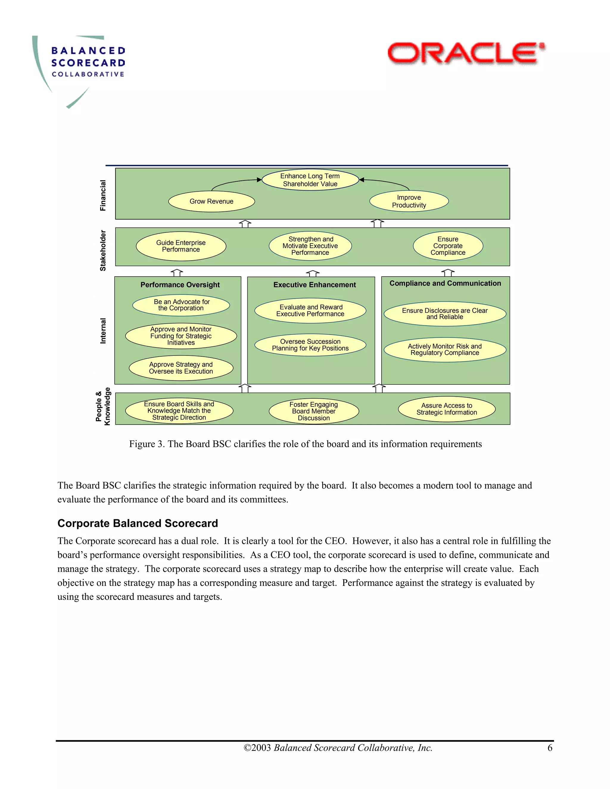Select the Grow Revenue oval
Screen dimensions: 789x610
[211, 201]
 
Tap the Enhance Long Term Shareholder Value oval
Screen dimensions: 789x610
[310, 180]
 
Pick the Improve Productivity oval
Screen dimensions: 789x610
[409, 201]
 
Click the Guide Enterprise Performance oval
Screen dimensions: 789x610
[181, 246]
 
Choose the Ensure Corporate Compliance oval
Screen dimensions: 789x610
[448, 246]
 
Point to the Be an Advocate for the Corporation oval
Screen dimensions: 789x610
[181, 305]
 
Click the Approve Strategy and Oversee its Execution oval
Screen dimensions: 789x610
[181, 368]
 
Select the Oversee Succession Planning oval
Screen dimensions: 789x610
[310, 345]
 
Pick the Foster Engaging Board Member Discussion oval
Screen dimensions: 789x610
[314, 411]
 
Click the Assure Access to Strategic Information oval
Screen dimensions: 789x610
[447, 409]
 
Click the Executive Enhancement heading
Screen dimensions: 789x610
[315, 285]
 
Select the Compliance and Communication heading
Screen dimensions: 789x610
[445, 283]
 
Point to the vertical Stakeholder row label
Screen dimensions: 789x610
[103, 250]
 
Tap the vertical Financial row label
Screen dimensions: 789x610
[103, 195]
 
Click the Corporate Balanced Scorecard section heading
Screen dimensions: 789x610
[138, 523]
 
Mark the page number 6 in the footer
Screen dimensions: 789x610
[550, 748]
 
